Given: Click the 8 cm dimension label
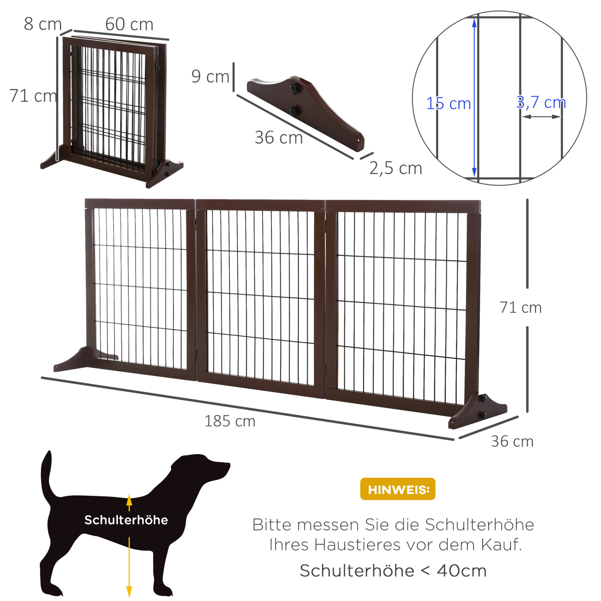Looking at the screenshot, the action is (x=43, y=24).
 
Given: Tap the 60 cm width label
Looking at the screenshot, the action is (x=129, y=24).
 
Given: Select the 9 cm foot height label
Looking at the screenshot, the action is (x=211, y=77).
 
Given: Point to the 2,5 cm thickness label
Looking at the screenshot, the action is (x=396, y=168).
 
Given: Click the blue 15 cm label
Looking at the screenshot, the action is (x=448, y=103).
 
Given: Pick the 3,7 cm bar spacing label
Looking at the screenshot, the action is (x=541, y=102).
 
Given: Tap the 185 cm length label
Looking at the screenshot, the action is (x=230, y=421).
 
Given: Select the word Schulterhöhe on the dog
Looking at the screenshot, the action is (x=126, y=520).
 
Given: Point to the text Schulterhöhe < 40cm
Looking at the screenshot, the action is (x=393, y=571).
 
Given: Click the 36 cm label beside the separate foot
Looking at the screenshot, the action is (x=279, y=138).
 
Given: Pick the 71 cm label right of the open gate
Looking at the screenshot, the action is (x=520, y=307).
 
